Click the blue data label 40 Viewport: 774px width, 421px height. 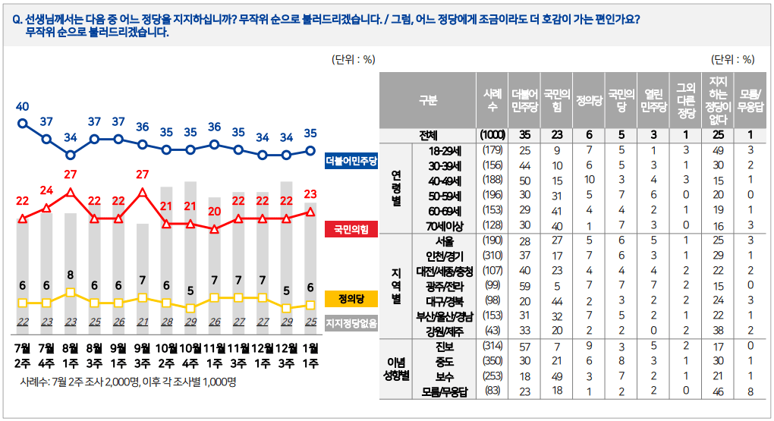click(22, 105)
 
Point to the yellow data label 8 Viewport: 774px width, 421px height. click(71, 275)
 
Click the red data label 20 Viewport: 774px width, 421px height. click(215, 212)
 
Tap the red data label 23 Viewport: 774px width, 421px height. click(310, 193)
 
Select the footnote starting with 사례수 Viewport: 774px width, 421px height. click(128, 382)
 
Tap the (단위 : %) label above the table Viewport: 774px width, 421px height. click(732, 59)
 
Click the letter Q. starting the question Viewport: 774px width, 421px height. click(17, 20)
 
